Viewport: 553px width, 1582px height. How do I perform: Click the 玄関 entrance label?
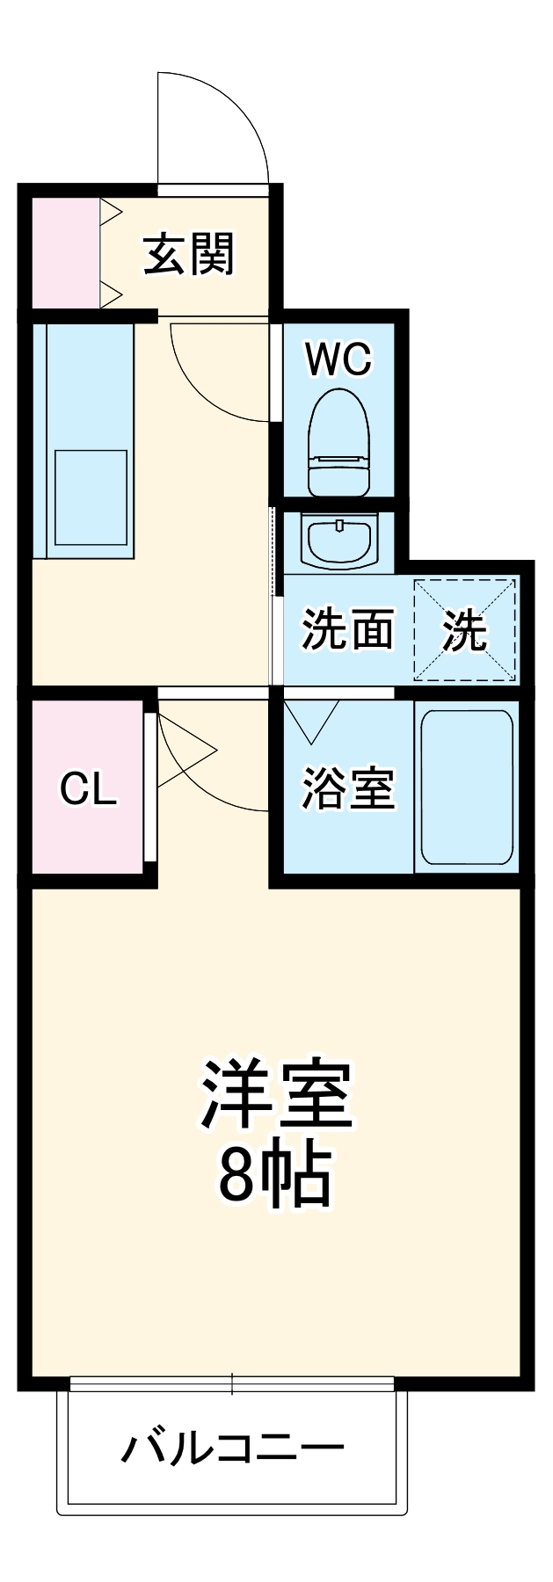189,255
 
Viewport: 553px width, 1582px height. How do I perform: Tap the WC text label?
338,359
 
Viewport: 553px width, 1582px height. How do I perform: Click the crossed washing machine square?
465,629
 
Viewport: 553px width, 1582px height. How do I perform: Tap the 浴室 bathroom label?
348,787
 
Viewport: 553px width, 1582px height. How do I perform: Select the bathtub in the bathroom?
466,787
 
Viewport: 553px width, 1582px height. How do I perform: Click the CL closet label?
88,788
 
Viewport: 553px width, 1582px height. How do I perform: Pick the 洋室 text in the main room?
276,1095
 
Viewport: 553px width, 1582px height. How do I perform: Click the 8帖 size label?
275,1174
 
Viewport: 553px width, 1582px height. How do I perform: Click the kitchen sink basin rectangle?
91,497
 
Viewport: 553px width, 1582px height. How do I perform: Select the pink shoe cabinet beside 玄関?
66,253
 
